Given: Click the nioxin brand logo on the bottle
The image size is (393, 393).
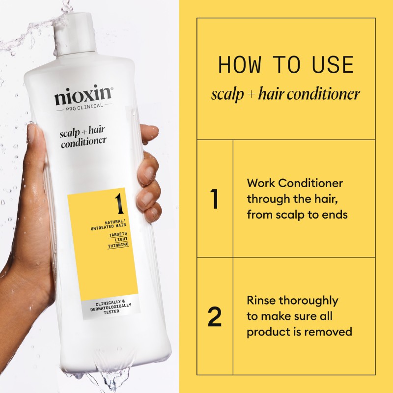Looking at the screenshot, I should click(x=84, y=95).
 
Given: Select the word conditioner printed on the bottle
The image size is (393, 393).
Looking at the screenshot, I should click(x=84, y=142).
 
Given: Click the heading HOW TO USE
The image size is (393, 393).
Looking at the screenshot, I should click(x=286, y=65).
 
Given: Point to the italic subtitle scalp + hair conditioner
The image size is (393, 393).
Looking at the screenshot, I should click(x=286, y=93).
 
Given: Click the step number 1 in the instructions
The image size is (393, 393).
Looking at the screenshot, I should click(x=215, y=199).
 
